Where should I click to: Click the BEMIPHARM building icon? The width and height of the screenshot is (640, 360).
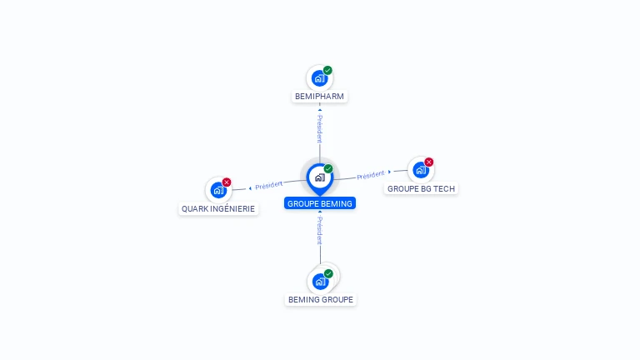click(x=319, y=78)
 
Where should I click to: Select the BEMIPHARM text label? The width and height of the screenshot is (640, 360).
click(x=319, y=97)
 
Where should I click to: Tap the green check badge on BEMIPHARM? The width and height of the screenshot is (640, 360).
click(x=328, y=71)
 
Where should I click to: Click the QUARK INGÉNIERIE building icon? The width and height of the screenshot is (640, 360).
click(x=218, y=190)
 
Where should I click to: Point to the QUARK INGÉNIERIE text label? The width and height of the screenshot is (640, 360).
click(x=219, y=209)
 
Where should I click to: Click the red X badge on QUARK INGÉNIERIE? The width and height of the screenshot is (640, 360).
click(x=227, y=182)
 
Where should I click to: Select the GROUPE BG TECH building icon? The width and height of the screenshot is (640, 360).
click(x=420, y=170)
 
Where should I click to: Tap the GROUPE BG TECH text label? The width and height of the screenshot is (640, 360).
click(x=422, y=189)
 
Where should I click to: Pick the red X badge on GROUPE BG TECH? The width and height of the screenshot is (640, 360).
click(x=429, y=162)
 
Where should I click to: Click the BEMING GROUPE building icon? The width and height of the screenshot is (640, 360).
click(x=320, y=281)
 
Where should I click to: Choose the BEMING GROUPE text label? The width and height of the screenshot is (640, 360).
click(x=321, y=300)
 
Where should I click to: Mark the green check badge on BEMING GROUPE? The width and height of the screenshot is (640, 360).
click(x=328, y=273)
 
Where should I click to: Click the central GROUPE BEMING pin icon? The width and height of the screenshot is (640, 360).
click(x=319, y=177)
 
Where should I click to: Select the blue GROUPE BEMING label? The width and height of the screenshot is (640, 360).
click(x=320, y=203)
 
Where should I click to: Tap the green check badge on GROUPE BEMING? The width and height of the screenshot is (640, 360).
click(x=328, y=169)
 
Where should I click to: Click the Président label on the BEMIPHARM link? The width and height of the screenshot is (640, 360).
click(x=319, y=128)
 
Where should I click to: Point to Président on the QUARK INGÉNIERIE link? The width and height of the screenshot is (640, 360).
click(x=269, y=185)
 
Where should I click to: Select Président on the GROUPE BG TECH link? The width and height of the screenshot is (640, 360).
click(x=371, y=175)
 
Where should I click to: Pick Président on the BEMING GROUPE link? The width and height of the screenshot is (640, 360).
click(x=319, y=230)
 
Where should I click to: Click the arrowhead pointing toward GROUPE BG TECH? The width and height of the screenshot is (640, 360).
click(x=389, y=172)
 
